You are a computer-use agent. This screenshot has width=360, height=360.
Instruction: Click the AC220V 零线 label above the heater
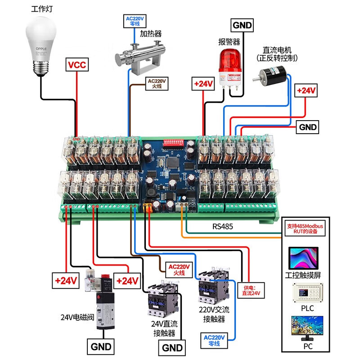tap(134, 21)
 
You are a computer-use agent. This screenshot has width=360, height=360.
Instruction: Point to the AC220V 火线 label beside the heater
tap(157, 83)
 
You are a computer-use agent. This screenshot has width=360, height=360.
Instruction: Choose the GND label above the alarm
tap(242, 25)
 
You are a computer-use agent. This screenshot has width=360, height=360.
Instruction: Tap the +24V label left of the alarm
tap(203, 84)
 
